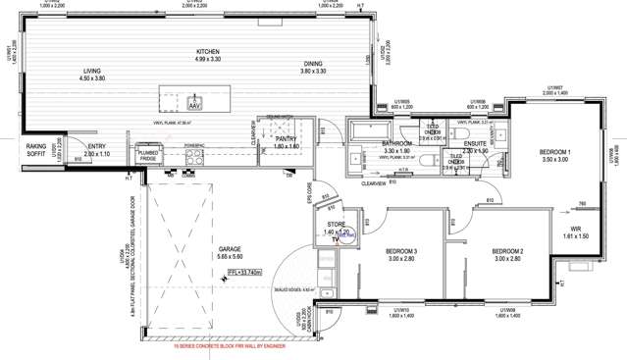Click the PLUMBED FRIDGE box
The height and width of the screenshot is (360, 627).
pos(148,154)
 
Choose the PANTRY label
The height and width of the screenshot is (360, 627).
pos(285,139)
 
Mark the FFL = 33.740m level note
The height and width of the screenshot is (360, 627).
pos(243,273)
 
